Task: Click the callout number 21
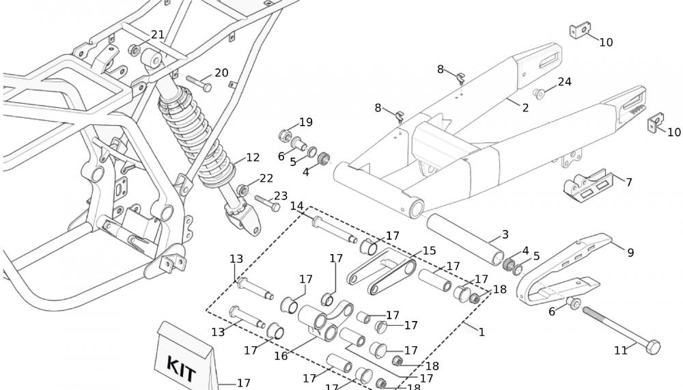(x=158, y=35)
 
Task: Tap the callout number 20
(x=221, y=73)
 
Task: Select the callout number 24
(x=564, y=82)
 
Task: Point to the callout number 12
(x=253, y=158)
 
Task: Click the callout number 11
(x=620, y=350)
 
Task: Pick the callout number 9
(x=630, y=253)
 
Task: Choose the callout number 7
(x=629, y=182)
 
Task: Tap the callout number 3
(x=505, y=235)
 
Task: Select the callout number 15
(x=429, y=251)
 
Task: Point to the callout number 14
(x=296, y=206)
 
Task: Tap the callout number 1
(x=482, y=333)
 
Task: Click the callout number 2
(x=525, y=107)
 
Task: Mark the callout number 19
(x=305, y=122)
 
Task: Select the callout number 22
(x=266, y=178)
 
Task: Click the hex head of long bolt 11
(x=654, y=346)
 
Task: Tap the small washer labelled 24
(x=540, y=93)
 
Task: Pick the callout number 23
(x=281, y=196)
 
